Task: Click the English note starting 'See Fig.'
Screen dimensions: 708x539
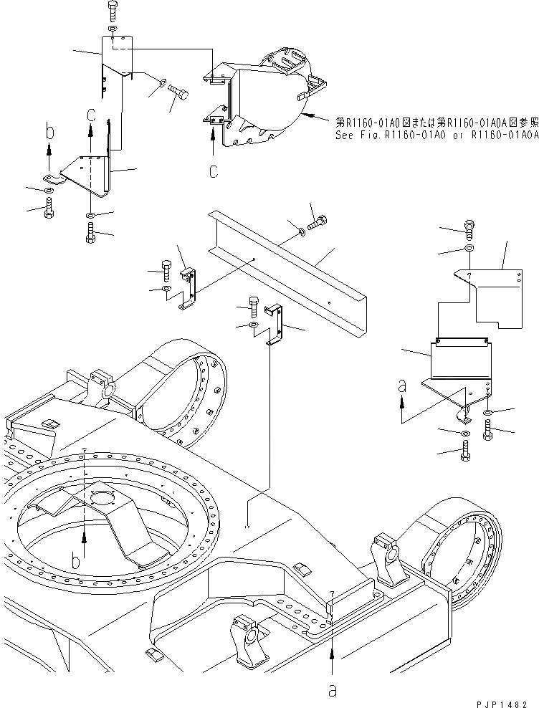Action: click(435, 134)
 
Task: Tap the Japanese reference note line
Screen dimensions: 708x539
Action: click(435, 123)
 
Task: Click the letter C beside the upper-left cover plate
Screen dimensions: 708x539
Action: click(90, 115)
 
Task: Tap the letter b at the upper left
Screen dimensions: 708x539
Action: click(49, 132)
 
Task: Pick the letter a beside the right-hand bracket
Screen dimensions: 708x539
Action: click(403, 387)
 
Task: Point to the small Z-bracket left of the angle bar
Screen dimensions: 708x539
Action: click(188, 287)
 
